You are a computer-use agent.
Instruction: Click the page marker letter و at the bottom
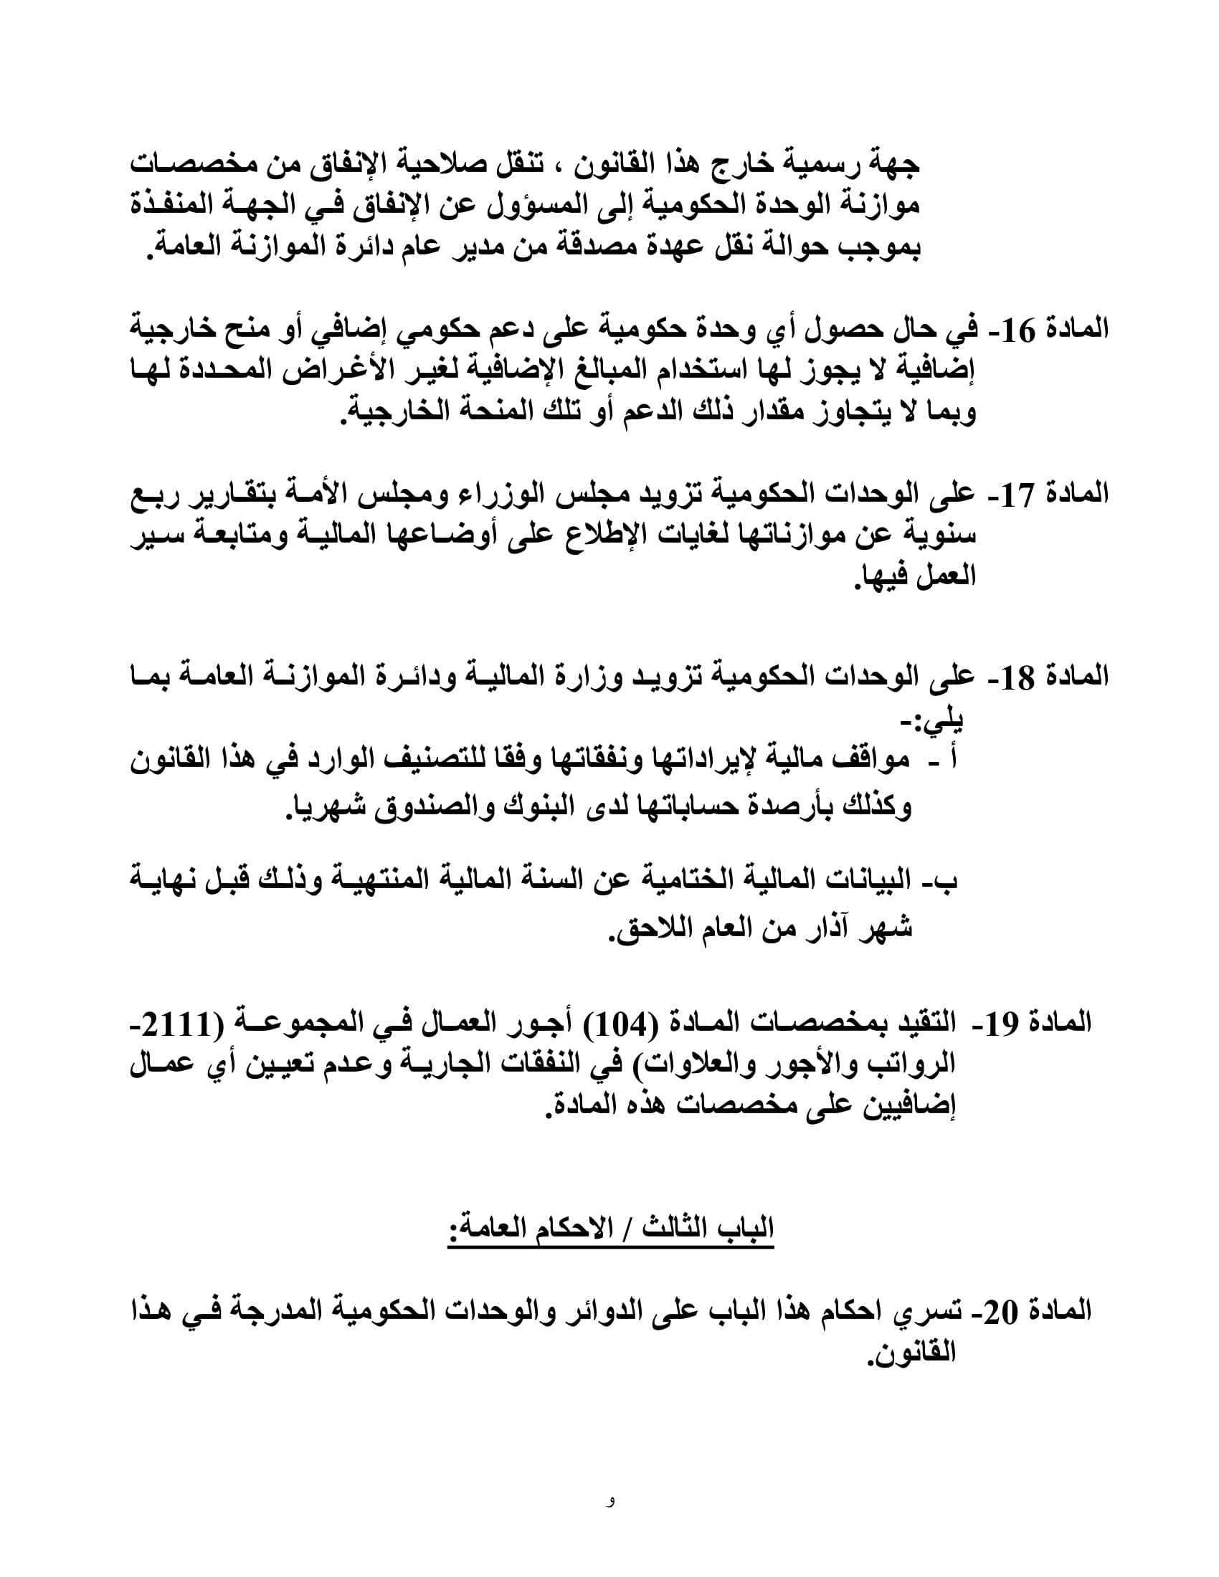click(611, 1499)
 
